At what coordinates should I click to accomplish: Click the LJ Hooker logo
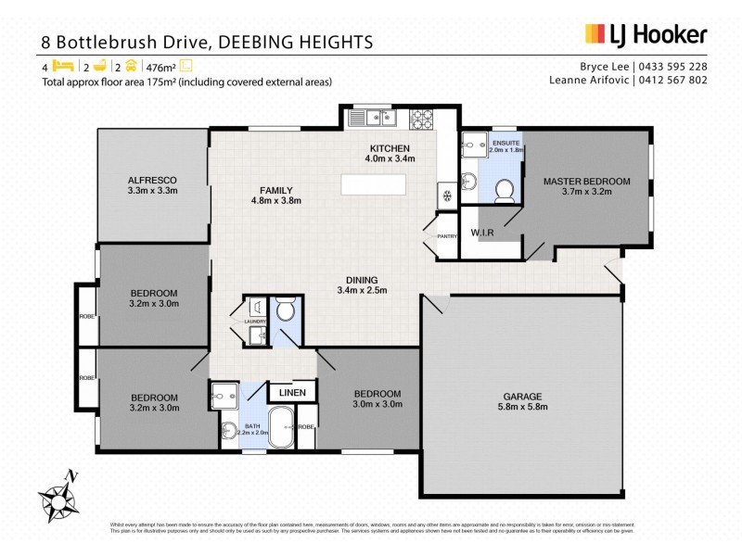[646, 35]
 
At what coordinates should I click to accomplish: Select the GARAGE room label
[519, 399]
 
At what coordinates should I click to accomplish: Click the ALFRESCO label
[152, 184]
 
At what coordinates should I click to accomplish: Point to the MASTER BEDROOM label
[586, 186]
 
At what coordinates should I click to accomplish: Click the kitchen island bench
[374, 183]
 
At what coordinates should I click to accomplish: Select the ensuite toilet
[505, 190]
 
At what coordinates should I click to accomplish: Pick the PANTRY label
[447, 236]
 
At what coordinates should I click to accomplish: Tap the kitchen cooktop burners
[422, 118]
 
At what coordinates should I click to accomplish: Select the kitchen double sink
[373, 118]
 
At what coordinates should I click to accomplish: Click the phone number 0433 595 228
[673, 67]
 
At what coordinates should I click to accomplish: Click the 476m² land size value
[160, 67]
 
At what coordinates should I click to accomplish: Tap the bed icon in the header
[62, 67]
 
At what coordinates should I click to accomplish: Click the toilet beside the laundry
[285, 310]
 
